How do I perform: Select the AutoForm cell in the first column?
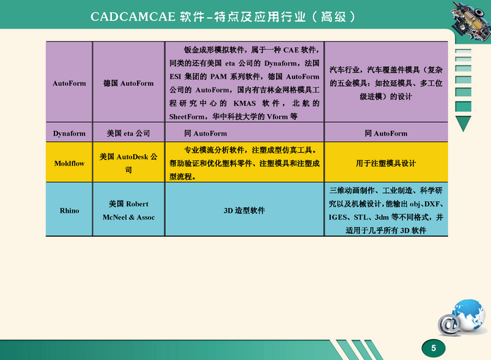point(69,83)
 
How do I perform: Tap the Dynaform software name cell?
point(69,134)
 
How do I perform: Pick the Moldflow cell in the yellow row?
point(69,163)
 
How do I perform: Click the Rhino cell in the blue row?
point(69,211)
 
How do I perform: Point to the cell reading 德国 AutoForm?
point(128,83)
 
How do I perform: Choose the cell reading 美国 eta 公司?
point(128,134)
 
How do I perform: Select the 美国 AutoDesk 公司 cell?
point(128,163)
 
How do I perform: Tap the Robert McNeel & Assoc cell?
point(128,211)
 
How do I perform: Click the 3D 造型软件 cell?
point(244,211)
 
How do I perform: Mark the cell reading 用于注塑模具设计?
point(386,163)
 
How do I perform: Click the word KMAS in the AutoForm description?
point(245,104)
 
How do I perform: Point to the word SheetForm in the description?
point(187,117)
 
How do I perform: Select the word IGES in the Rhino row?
point(338,217)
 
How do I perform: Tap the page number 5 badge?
point(434,348)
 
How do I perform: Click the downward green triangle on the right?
point(464,123)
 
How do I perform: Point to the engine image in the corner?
point(471,20)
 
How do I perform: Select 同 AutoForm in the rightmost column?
point(386,134)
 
